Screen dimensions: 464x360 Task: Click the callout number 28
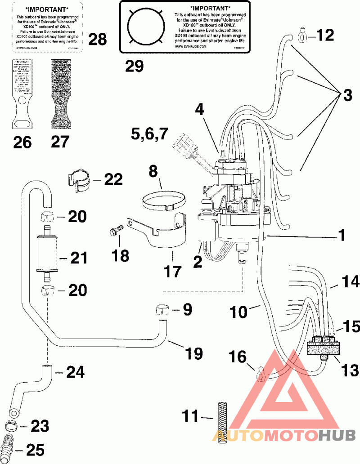pos(97,40)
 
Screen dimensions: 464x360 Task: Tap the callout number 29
pos(134,66)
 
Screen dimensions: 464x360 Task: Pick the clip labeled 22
pos(80,181)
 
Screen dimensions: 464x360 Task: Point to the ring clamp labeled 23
pos(14,424)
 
